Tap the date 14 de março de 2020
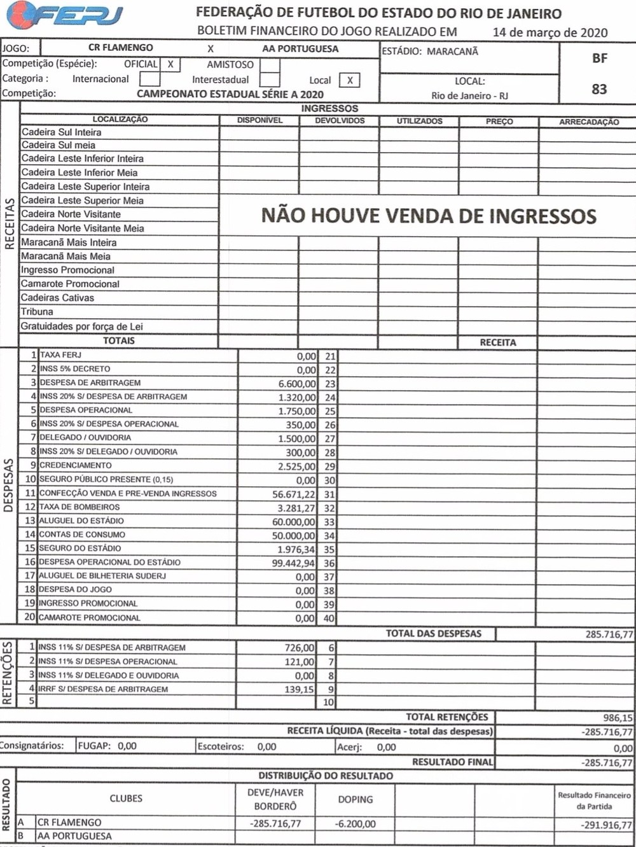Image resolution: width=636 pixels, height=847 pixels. tap(550, 32)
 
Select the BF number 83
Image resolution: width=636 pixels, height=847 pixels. tap(599, 89)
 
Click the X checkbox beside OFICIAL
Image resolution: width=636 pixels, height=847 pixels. tap(170, 64)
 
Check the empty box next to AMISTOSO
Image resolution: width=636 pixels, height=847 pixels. tap(270, 65)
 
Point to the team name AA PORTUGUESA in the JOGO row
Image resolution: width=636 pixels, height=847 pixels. tap(300, 48)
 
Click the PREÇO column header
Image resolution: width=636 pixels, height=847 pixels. tap(499, 121)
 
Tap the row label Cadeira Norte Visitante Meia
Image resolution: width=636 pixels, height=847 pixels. tap(83, 228)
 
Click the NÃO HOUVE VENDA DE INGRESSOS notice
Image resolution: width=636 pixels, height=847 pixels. tap(429, 216)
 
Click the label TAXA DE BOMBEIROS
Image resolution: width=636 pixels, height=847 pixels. tap(79, 507)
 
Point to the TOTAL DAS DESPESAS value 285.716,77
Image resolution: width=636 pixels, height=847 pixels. tap(609, 634)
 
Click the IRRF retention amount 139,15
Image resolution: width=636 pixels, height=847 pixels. tap(299, 689)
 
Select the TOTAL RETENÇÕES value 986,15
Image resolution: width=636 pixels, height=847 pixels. tap(618, 718)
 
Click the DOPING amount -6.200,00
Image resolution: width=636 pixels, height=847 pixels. tap(355, 823)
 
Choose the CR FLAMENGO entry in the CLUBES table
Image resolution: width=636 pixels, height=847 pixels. tap(69, 822)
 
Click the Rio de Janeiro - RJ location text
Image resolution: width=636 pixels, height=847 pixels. tap(469, 95)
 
